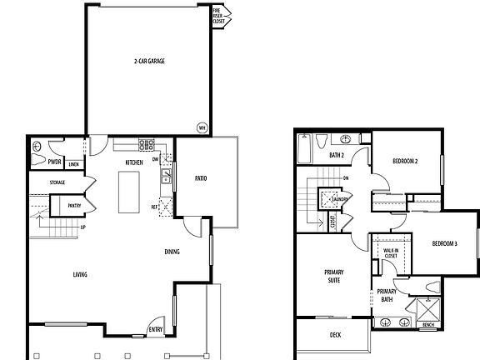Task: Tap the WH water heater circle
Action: (201, 127)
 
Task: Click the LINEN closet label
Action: (74, 163)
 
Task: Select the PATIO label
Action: (200, 178)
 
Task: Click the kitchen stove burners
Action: (146, 142)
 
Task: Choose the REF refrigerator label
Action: (155, 207)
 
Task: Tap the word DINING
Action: (172, 252)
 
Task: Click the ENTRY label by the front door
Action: (156, 330)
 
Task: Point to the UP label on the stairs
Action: (82, 227)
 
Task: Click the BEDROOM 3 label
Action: (444, 243)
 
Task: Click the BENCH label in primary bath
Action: (428, 325)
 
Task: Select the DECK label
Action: (335, 335)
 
